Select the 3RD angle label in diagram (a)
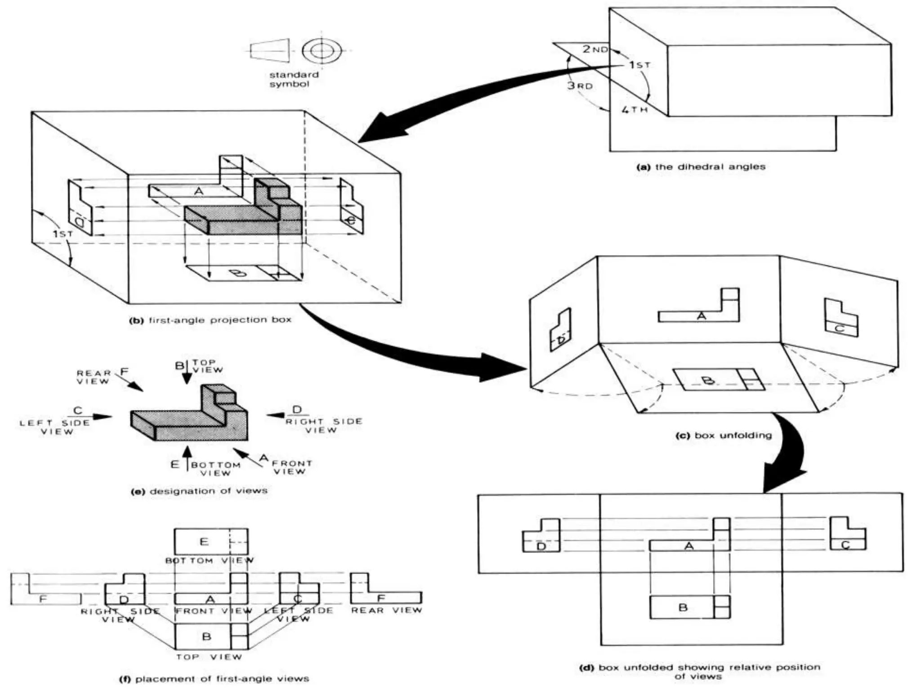point(580,85)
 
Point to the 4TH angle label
point(634,109)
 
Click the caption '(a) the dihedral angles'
point(701,167)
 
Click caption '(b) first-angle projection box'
point(210,320)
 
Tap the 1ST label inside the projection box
point(63,234)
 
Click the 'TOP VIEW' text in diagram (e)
point(207,366)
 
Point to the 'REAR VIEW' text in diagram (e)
point(93,377)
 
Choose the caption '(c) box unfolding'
point(724,435)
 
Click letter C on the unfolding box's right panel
point(839,329)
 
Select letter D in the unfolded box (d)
point(541,547)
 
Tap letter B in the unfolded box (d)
point(683,608)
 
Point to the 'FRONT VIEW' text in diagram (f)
point(214,611)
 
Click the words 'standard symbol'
point(294,79)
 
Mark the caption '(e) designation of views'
point(199,491)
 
